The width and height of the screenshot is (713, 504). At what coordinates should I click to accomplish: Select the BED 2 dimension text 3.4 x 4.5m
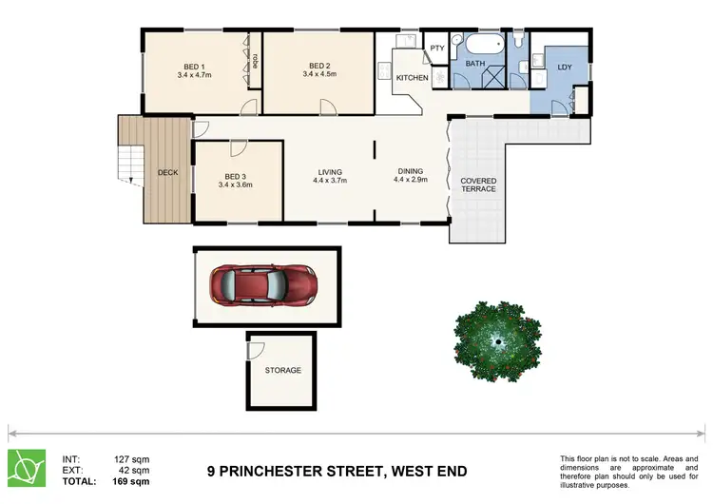click(x=320, y=74)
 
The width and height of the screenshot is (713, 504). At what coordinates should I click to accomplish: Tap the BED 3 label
click(x=236, y=176)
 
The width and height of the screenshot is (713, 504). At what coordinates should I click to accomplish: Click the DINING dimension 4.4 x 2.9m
click(x=411, y=180)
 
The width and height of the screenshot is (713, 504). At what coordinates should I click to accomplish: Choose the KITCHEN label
click(x=412, y=78)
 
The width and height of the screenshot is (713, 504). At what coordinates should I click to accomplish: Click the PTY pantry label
click(x=437, y=48)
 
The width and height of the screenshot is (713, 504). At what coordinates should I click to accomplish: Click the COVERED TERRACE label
click(x=478, y=184)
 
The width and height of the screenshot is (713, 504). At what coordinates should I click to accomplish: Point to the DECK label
click(x=168, y=173)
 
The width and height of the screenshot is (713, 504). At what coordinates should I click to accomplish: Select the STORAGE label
click(x=283, y=370)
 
